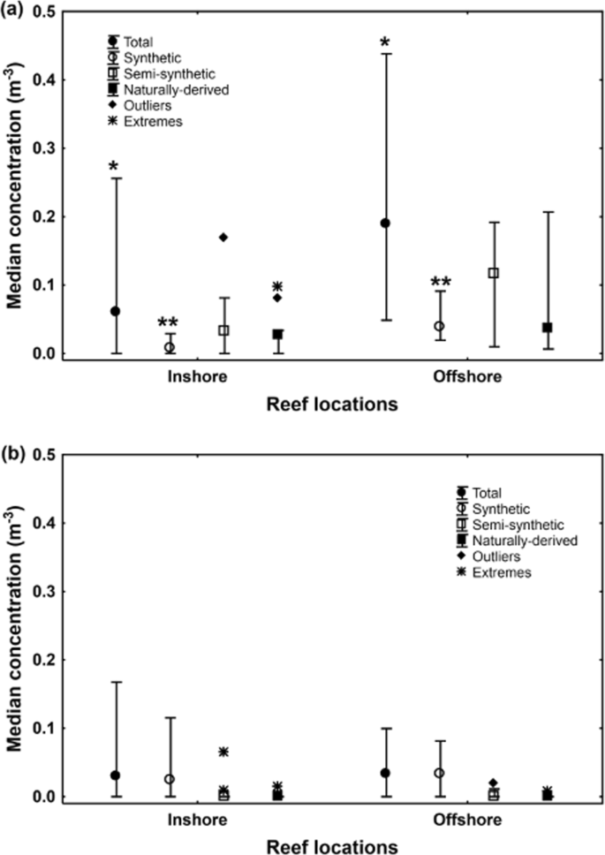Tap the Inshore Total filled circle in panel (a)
tap(116, 311)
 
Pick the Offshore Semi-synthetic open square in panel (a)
tap(494, 273)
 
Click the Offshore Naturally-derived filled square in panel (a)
tap(548, 328)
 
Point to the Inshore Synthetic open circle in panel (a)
tap(170, 347)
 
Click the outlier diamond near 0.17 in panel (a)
tap(223, 238)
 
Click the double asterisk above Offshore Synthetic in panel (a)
tap(439, 284)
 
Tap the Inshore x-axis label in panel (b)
tap(196, 821)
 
